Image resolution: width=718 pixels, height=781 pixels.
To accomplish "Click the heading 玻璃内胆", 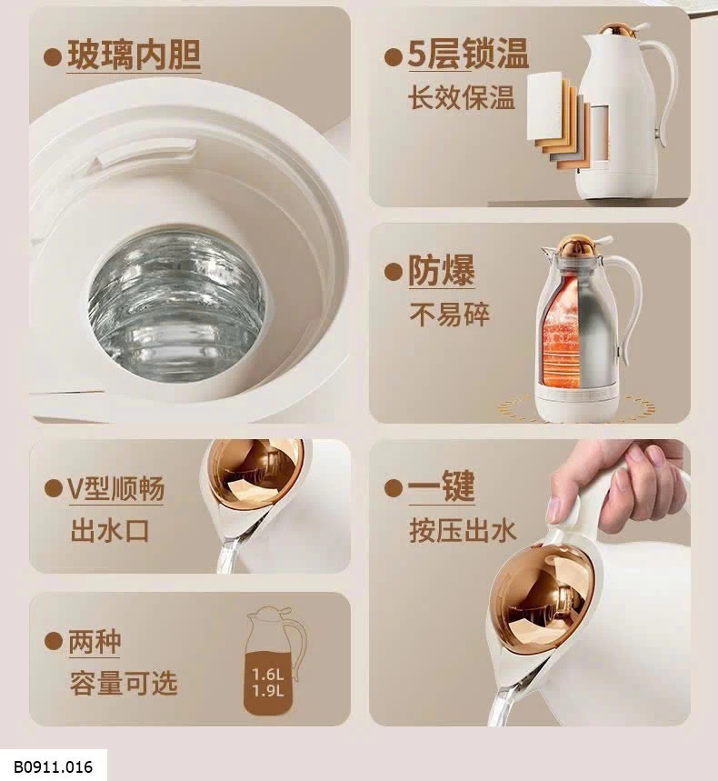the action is pos(134,55).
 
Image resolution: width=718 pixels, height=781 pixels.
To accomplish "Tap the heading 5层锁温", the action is pos(468,54).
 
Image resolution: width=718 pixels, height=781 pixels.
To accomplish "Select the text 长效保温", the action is pos(461,97).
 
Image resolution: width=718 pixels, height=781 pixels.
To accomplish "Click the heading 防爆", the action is pos(442,270).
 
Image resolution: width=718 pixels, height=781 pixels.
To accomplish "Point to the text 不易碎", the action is pos(450,314).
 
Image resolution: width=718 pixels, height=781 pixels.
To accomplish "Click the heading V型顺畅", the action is pos(116,488).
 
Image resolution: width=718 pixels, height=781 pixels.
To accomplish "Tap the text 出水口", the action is pos(110,530).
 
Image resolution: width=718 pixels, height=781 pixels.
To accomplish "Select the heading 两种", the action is pos(95,642).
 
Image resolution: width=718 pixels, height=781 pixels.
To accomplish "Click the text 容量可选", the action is pos(124,683).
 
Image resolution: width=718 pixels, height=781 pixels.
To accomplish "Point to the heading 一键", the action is pos(442,486).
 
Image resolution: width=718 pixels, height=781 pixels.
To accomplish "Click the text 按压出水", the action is pos(463,530).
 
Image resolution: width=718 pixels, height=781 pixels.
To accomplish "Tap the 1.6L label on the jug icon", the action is pos(268,675).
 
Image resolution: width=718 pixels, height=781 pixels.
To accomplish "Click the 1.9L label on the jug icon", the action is pos(268,691).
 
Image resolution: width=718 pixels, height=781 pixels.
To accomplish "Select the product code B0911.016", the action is pos(53,766).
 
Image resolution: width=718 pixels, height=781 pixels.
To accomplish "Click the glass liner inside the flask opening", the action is pos(177,303).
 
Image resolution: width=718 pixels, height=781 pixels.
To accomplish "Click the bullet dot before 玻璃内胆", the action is pos(53,56).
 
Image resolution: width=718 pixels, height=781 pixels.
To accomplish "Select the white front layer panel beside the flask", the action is pos(544,106).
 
